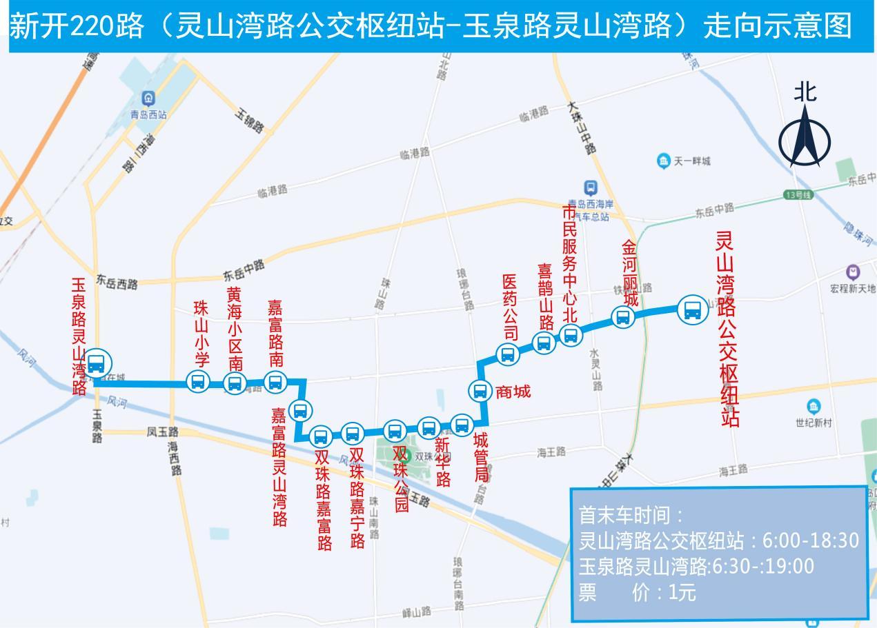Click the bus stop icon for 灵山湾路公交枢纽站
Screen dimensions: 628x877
(x=692, y=310)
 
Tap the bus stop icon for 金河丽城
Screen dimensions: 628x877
(x=623, y=317)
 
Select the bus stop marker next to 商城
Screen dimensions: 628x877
(x=479, y=391)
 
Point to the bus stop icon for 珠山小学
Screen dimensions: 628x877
(x=198, y=381)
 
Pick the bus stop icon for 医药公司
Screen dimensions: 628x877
(x=508, y=355)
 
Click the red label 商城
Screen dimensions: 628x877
(x=513, y=392)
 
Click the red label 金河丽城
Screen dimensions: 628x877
(x=629, y=274)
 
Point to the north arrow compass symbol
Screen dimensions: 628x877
(x=805, y=141)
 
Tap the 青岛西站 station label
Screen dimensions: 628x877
(x=148, y=114)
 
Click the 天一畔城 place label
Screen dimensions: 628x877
(x=691, y=161)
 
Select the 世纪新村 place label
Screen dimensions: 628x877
(x=814, y=422)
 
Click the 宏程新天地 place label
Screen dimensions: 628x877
(x=853, y=287)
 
